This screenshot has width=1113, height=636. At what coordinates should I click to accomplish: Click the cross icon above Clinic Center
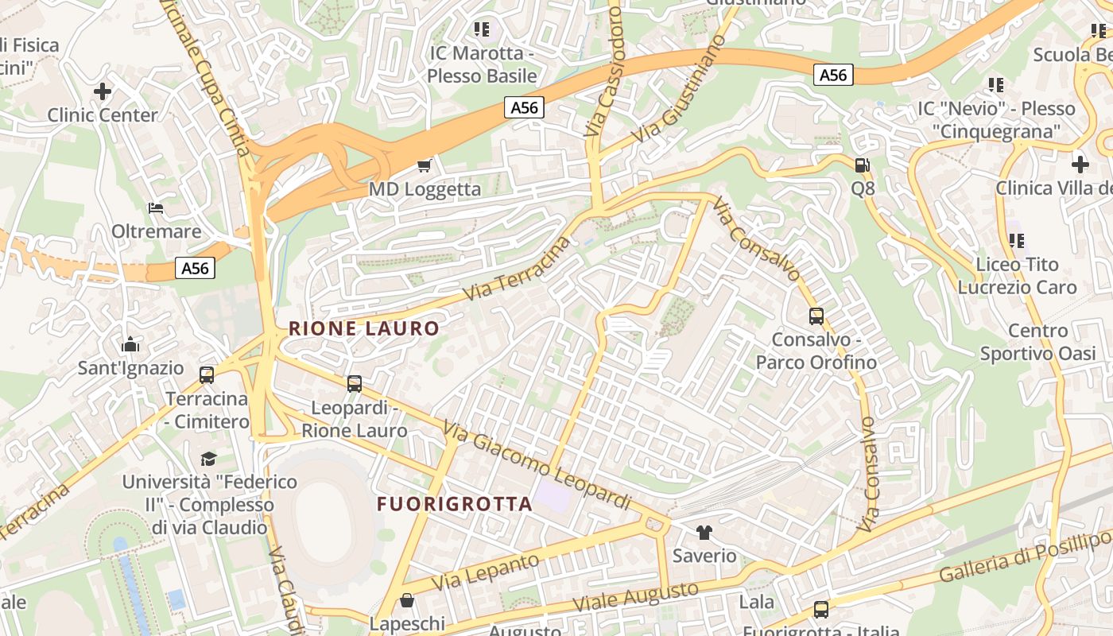pos(103,91)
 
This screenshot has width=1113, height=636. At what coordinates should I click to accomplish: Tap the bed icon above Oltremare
pos(156,208)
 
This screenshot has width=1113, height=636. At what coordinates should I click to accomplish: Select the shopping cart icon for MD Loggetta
pos(425,165)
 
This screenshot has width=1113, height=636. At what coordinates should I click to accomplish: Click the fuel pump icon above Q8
pos(862,165)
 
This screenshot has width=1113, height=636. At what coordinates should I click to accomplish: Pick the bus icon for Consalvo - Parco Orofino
pos(816,316)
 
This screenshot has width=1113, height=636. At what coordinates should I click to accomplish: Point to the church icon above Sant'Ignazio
pos(130,345)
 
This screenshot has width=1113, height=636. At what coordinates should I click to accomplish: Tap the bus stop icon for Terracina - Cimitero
pos(207,374)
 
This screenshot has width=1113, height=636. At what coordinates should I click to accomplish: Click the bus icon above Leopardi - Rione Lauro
pos(355,383)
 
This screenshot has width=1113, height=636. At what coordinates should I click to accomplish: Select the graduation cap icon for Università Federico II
pos(208,459)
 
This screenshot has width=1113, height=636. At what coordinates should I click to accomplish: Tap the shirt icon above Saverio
pos(704,532)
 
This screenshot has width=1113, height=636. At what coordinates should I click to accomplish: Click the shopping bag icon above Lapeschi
pos(407,600)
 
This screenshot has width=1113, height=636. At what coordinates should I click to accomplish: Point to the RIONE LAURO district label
pos(364,328)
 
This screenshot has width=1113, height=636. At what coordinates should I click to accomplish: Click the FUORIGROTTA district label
pos(454,504)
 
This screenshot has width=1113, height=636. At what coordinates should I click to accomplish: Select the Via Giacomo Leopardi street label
pos(537,466)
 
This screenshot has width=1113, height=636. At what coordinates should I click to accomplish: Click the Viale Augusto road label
pos(638,599)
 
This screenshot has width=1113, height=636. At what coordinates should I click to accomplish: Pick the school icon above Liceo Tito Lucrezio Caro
pos(1016,240)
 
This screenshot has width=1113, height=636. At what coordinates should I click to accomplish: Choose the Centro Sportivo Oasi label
pos(1037,342)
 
